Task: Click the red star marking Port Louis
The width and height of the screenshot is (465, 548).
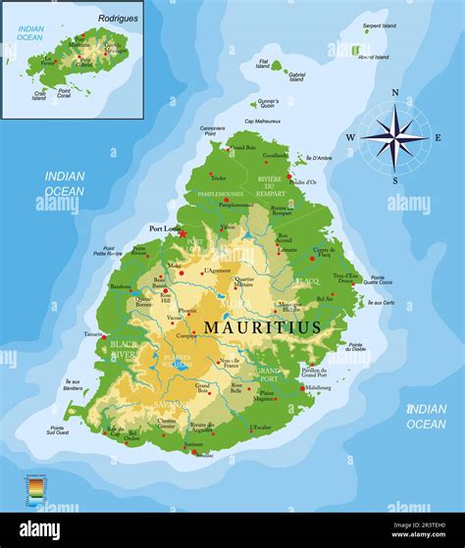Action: [x=182, y=234]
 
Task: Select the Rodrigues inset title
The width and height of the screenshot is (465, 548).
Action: [x=118, y=18]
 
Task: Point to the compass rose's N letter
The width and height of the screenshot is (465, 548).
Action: [x=395, y=94]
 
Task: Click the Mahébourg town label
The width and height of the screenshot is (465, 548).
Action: [x=318, y=387]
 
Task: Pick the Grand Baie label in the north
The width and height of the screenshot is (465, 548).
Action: [x=242, y=147]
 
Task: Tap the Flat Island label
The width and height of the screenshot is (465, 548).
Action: [x=263, y=64]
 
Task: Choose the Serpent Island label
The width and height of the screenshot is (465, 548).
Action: [x=379, y=25]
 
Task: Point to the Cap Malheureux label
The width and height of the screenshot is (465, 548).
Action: [x=263, y=121]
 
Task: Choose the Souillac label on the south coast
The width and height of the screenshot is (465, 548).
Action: [x=204, y=455]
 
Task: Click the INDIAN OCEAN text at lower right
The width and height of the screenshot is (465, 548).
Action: [x=426, y=416]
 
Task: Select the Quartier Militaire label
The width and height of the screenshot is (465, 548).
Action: [x=244, y=281]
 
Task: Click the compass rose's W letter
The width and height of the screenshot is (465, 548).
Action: [x=350, y=137]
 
